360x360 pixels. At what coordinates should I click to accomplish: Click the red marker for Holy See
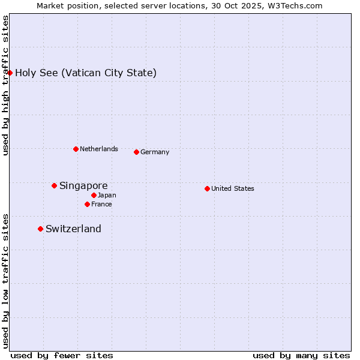coord(10,73)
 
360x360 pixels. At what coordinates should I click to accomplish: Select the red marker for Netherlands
coord(76,149)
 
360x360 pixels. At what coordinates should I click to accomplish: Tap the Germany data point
coord(136,152)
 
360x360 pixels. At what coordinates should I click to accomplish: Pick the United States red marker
coord(207,188)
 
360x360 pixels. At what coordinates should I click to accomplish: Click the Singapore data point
coord(54,186)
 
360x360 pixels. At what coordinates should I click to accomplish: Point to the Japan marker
coord(94,195)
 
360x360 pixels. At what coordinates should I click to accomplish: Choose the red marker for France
coord(87,204)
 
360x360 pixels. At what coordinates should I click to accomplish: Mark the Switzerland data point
coord(40,229)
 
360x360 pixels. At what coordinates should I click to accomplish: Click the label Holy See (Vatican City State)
coord(86,73)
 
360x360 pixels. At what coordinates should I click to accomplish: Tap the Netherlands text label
coord(99,149)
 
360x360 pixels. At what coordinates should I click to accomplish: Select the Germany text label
coord(155,152)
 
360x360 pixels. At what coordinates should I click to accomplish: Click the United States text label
coord(233,188)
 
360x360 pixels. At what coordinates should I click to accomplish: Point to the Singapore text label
coord(83,186)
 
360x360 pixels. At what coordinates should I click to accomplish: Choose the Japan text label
coord(107,195)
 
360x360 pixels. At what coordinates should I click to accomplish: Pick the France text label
coord(101,204)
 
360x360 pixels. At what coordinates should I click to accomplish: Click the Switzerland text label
coord(73,229)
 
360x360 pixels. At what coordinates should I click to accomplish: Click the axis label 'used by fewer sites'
coord(62,355)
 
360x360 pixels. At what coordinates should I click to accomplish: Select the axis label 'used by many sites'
coord(301,355)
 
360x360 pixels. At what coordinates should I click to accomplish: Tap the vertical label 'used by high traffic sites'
coord(6,85)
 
